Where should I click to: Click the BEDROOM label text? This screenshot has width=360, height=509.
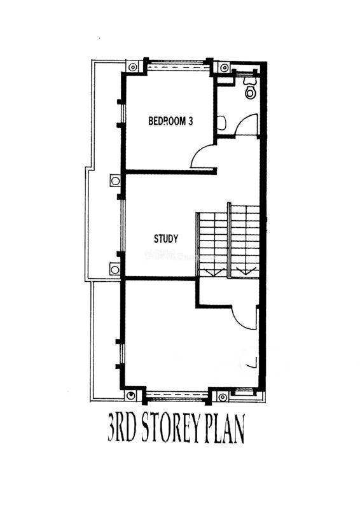(167, 121)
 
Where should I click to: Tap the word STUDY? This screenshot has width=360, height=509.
(166, 239)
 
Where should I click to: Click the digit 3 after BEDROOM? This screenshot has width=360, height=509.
(191, 121)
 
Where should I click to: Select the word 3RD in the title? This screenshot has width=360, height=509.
(120, 428)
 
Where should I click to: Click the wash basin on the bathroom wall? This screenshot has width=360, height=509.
(222, 123)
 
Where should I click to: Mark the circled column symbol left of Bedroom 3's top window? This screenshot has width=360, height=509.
(132, 67)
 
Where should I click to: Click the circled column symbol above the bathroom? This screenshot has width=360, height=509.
(224, 68)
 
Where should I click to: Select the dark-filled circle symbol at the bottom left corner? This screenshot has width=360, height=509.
(130, 395)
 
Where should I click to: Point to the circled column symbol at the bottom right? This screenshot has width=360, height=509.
(223, 397)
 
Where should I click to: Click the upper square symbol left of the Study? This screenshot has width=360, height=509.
(115, 181)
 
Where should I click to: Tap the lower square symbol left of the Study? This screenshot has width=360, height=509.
(114, 269)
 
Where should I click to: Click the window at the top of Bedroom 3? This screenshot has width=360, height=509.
(177, 67)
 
